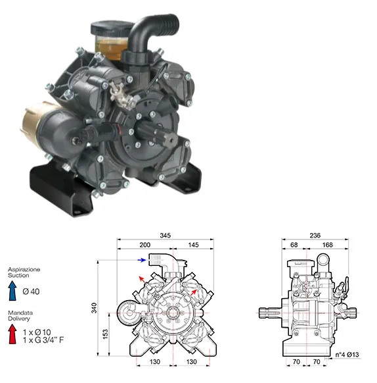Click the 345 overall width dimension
[165, 235]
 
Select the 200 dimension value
[145, 245]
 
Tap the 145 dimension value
[193, 245]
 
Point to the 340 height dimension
[94, 308]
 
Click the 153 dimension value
[105, 334]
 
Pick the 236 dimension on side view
[315, 235]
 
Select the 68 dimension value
[294, 245]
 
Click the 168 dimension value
[328, 245]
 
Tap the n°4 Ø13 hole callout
[347, 355]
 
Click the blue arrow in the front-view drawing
[142, 260]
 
